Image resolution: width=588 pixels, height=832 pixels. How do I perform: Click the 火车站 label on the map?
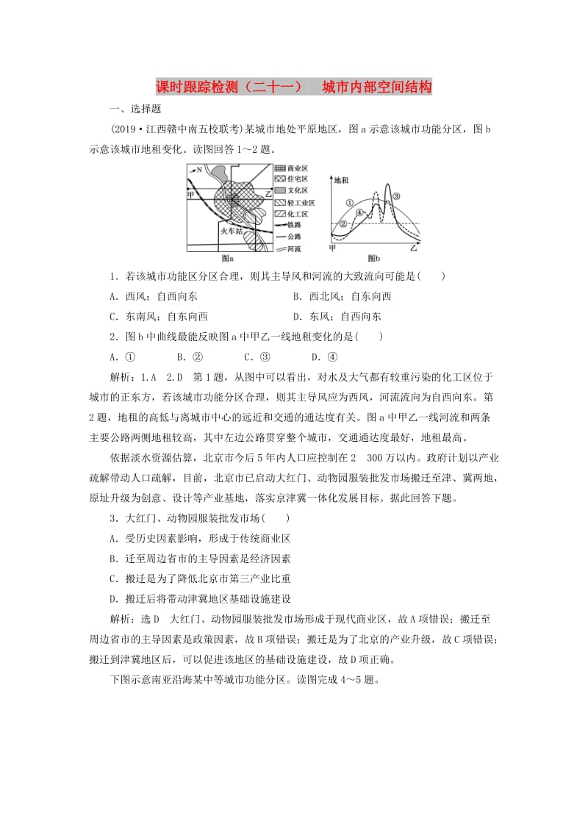pyautogui.click(x=232, y=231)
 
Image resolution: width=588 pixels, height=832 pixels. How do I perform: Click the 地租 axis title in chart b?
pyautogui.click(x=341, y=179)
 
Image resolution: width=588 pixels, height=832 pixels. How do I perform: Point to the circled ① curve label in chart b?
pyautogui.click(x=349, y=202)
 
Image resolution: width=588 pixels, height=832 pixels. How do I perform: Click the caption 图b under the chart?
pyautogui.click(x=373, y=259)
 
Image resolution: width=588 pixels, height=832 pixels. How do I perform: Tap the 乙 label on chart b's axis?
pyautogui.click(x=413, y=248)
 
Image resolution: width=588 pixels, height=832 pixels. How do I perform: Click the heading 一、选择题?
pyautogui.click(x=135, y=109)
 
